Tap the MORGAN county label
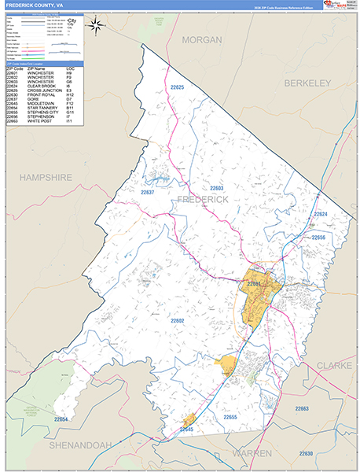pos(201,39)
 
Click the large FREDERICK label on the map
pos(203,200)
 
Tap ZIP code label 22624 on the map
pos(320,214)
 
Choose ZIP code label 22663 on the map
pos(302,409)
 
